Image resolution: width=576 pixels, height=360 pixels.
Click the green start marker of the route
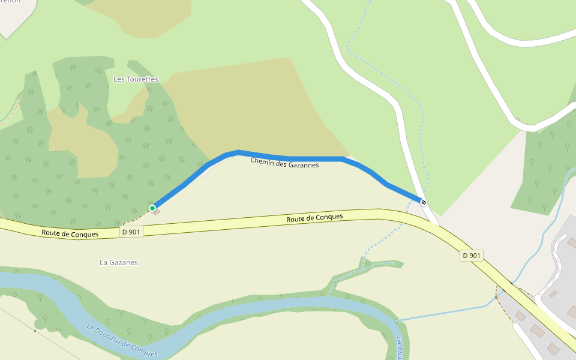(152, 208)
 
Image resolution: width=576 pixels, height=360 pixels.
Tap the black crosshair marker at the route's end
(424, 202)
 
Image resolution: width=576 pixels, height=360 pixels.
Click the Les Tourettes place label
(136, 79)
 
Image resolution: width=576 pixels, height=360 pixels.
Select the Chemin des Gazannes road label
(284, 161)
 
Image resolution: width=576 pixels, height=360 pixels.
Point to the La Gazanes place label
(119, 262)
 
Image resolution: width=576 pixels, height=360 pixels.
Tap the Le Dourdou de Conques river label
(122, 341)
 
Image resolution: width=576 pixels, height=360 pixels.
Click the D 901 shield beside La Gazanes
(132, 232)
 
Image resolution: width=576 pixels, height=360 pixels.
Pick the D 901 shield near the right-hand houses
(472, 256)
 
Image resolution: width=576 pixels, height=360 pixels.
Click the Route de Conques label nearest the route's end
(314, 218)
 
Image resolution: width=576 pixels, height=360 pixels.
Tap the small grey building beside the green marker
(157, 213)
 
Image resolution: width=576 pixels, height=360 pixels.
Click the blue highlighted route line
(288, 158)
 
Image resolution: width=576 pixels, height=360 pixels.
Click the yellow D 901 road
(240, 223)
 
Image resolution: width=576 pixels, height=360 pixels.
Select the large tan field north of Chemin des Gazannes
(252, 108)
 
